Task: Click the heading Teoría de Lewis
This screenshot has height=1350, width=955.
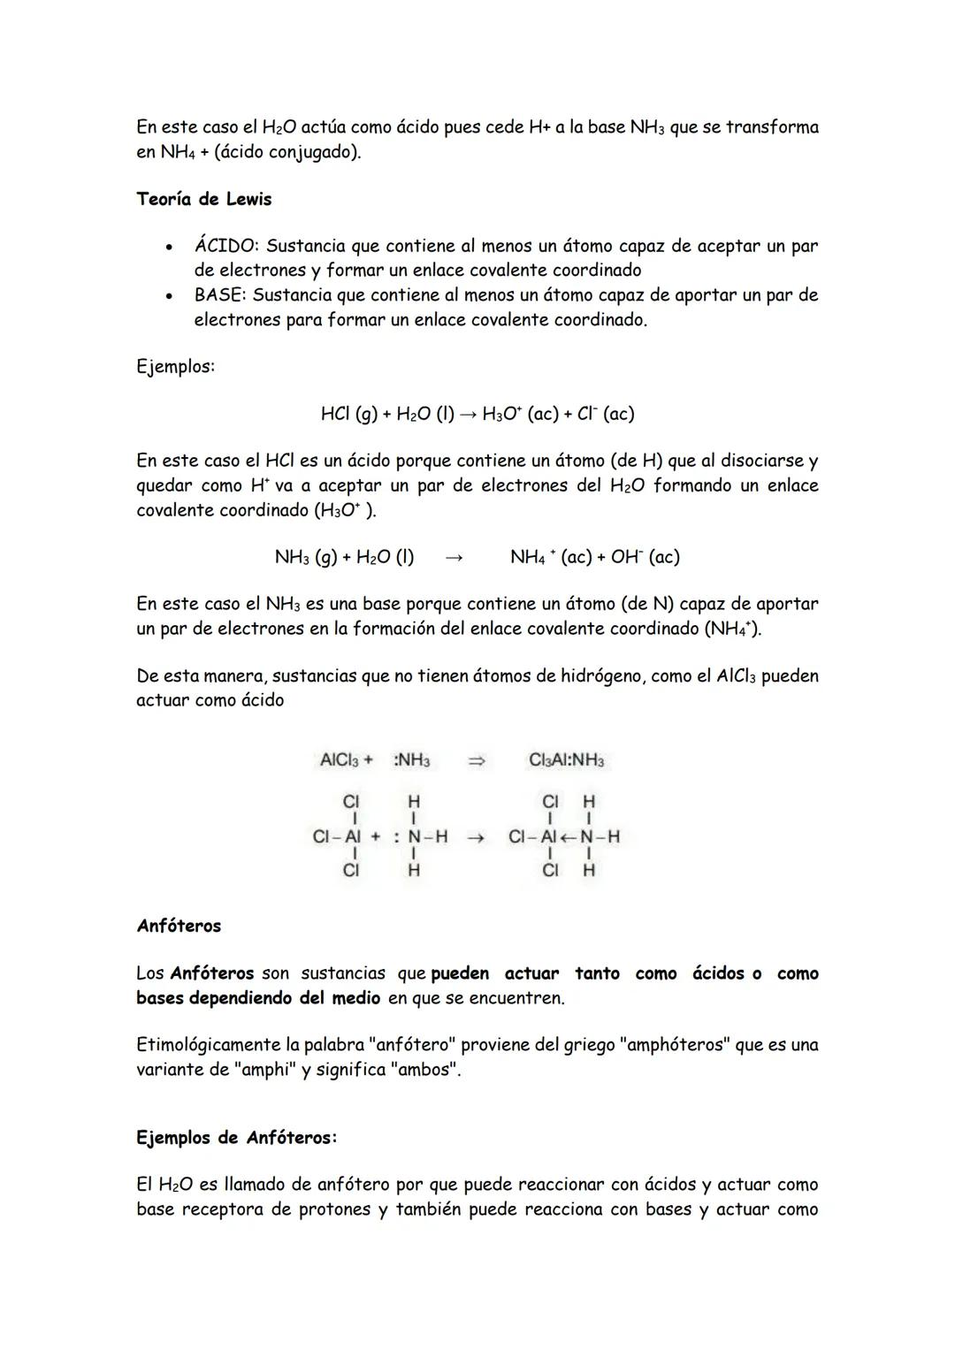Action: [203, 199]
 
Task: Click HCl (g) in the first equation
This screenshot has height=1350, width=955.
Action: [348, 414]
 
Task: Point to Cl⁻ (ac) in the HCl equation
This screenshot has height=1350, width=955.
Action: [605, 414]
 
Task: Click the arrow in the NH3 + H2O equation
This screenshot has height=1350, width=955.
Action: [454, 558]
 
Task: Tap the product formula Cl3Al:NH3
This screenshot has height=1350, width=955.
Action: [566, 760]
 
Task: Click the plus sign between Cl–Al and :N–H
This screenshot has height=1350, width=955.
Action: [375, 836]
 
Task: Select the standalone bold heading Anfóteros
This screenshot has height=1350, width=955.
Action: [179, 927]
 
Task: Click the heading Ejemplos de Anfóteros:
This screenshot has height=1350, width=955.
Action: [236, 1138]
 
